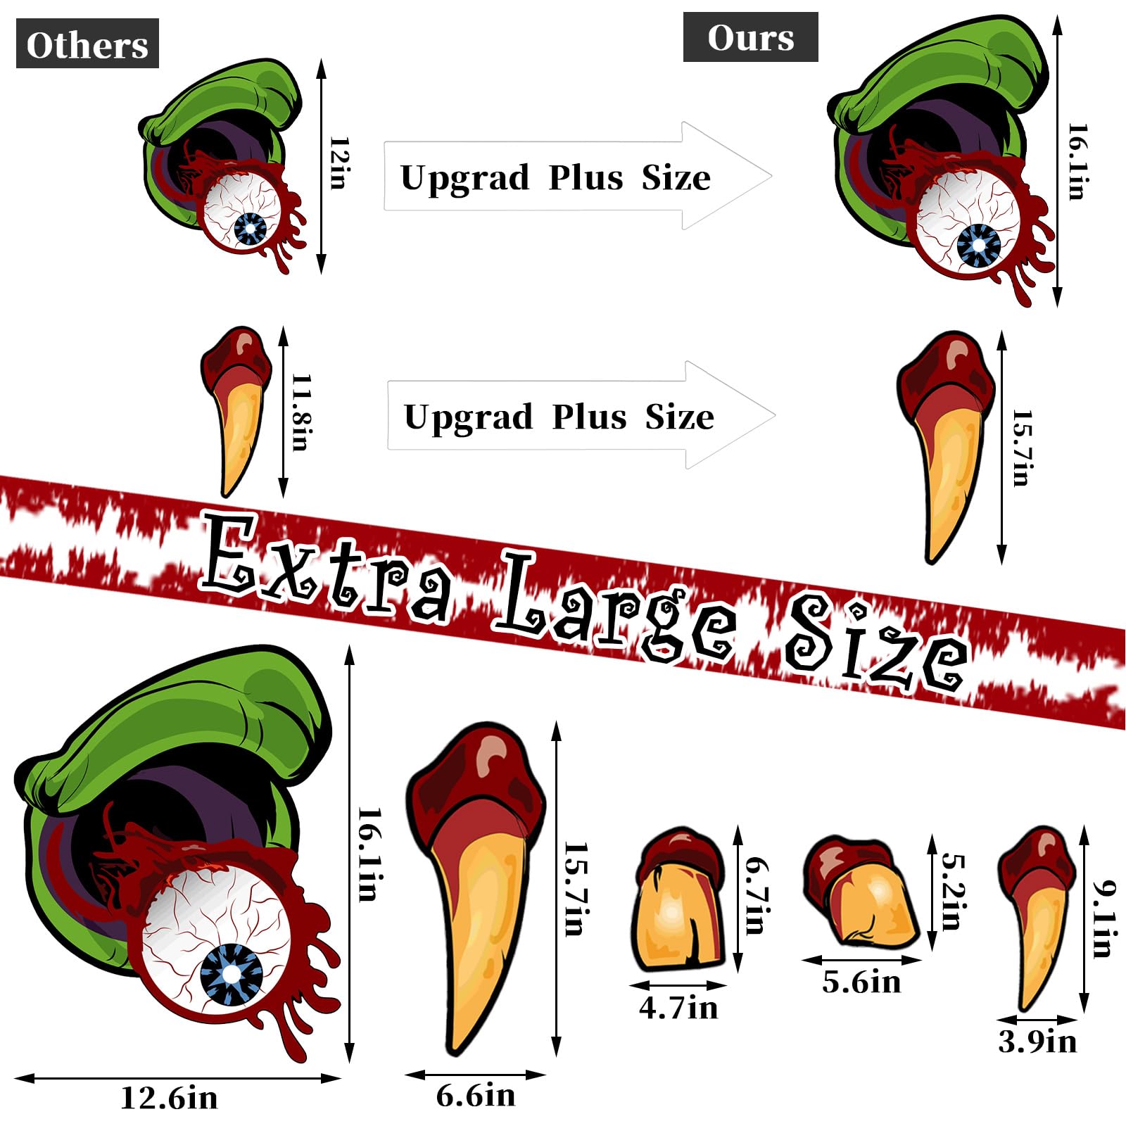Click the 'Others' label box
87,44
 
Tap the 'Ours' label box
750,37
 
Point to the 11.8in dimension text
301,412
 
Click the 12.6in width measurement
169,1097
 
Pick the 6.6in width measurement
476,1095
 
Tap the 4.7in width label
678,1008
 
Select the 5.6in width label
861,982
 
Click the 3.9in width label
1037,1042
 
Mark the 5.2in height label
951,892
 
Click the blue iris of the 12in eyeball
251,229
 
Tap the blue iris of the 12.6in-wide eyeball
231,974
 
